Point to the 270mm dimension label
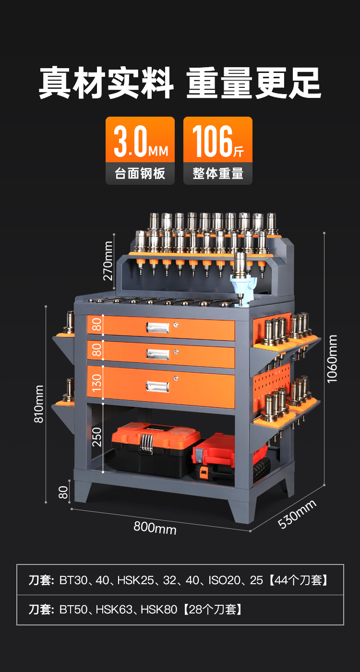click(x=108, y=260)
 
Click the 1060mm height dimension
click(x=332, y=359)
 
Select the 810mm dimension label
click(x=39, y=404)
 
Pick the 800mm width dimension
click(x=155, y=527)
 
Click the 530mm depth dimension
click(x=297, y=514)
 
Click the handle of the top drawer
click(x=158, y=327)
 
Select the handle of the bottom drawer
click(x=157, y=386)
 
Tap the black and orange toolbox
click(x=155, y=448)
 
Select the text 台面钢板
click(x=140, y=173)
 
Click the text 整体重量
click(x=218, y=173)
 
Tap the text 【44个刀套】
click(x=299, y=580)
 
